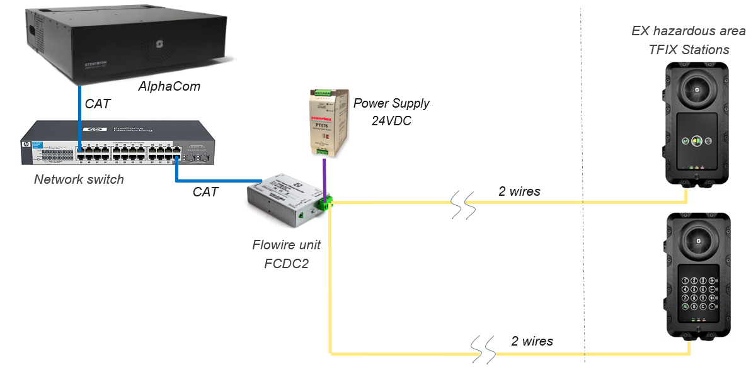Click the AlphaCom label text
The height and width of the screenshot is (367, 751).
tap(169, 86)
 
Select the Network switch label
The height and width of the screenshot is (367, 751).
tap(79, 179)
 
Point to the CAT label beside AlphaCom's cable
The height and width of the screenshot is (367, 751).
tap(97, 104)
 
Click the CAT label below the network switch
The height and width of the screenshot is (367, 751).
tap(205, 192)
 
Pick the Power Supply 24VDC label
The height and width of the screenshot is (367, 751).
tap(391, 111)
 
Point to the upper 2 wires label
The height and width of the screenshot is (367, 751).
tap(519, 191)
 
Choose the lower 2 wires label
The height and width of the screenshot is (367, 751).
tap(532, 341)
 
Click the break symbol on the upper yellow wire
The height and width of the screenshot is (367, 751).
tap(464, 205)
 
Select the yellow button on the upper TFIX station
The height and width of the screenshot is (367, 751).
tap(696, 141)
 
